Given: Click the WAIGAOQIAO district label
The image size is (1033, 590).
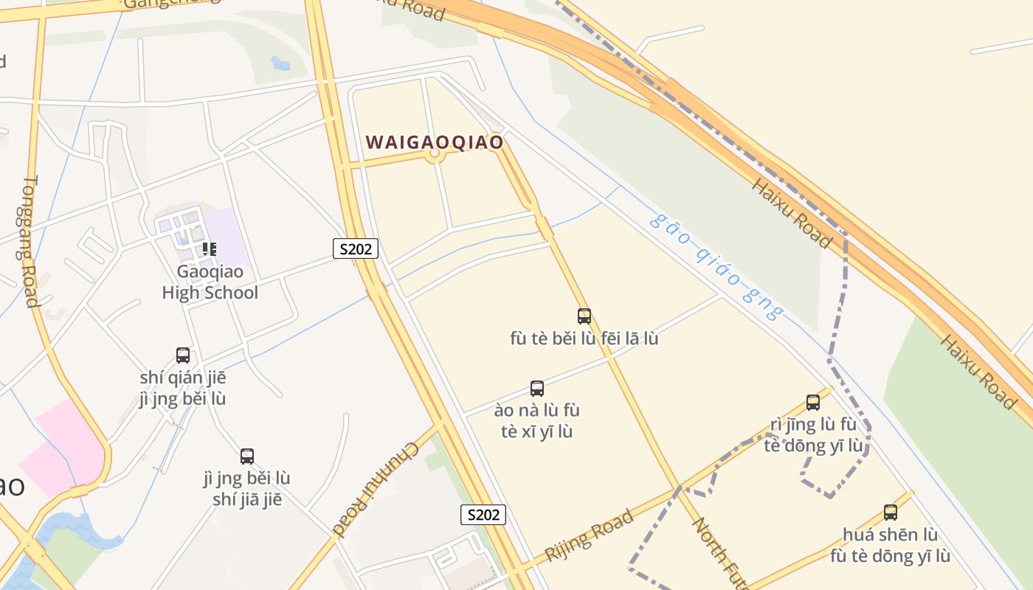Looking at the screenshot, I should tap(435, 142).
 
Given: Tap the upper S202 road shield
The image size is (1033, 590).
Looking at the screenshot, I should tap(356, 249).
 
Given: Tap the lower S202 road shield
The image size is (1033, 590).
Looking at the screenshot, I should tap(483, 514).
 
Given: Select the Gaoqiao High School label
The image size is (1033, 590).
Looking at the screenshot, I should tap(210, 282).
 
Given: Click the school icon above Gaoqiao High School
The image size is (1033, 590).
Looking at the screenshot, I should tap(210, 249).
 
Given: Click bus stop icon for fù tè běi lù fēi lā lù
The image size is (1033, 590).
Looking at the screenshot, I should tap(584, 316).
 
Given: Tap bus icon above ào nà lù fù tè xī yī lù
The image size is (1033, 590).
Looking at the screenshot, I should tap(537, 389).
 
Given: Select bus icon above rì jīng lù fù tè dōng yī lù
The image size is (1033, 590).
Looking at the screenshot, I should tap(813, 403).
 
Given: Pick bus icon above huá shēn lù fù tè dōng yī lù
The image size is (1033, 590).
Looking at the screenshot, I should tap(891, 513).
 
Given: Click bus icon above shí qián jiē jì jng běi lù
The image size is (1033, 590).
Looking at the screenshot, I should tap(183, 355).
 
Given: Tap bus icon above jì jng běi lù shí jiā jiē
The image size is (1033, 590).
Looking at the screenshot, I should tap(247, 457).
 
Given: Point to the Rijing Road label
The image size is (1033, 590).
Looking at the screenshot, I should tap(589, 535).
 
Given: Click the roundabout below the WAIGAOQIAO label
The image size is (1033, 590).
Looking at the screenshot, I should tap(435, 154).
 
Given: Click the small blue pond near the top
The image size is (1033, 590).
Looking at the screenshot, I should tap(280, 63).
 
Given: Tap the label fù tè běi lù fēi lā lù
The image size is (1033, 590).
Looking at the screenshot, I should tap(584, 339).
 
